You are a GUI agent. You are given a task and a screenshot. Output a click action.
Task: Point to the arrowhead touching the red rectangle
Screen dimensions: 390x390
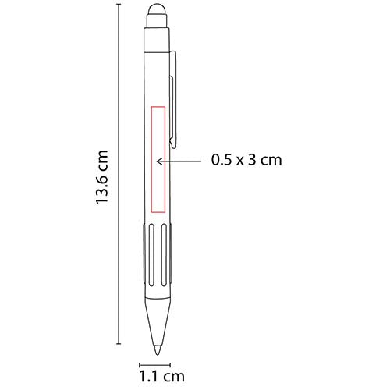pos(160,161)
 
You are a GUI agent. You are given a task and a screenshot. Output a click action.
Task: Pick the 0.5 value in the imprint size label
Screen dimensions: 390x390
pos(222,161)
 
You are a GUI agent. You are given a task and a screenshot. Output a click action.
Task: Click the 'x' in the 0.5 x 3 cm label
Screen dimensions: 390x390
pos(242,161)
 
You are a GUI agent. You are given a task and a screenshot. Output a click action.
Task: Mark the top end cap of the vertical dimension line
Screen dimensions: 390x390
pos(119,5)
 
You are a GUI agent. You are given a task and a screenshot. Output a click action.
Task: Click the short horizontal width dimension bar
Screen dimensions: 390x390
pos(154,364)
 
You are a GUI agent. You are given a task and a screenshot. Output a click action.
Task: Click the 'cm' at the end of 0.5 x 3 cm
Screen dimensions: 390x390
pos(270,161)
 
